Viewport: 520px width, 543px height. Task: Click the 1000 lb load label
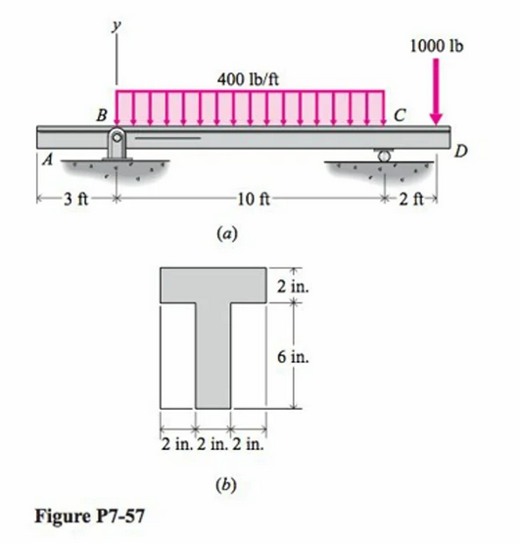[x=437, y=45]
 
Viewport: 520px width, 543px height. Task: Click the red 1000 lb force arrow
[x=437, y=93]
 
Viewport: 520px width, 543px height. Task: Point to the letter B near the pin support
[x=100, y=114]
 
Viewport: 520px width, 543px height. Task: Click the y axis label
[x=117, y=28]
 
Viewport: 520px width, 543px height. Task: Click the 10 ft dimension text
[x=252, y=202]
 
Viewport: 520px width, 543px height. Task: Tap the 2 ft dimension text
[x=411, y=202]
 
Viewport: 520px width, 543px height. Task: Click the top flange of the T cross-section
[x=212, y=284]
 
